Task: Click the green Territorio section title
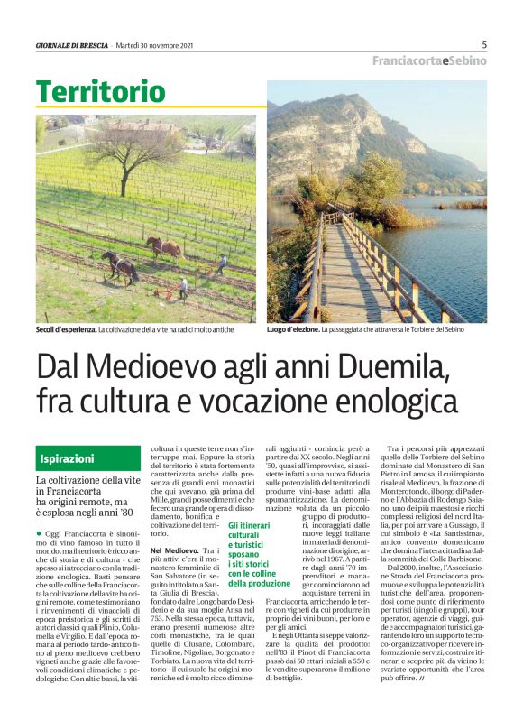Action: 101,91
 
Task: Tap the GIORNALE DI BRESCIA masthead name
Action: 72,45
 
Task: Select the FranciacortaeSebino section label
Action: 430,60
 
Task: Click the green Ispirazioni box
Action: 78,458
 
